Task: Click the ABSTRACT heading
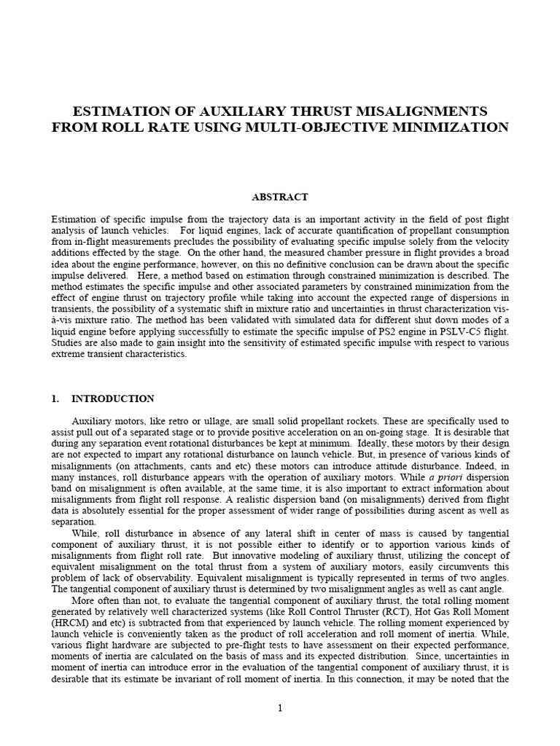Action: [280, 197]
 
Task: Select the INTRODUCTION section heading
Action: [113, 399]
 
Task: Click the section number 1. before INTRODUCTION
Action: [55, 399]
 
